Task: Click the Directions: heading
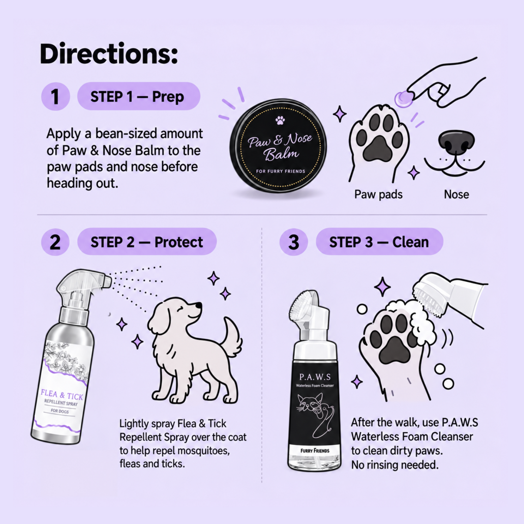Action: pyautogui.click(x=109, y=54)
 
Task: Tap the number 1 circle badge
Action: pyautogui.click(x=55, y=96)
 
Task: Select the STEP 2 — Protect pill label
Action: pyautogui.click(x=147, y=242)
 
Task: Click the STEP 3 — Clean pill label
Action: pyautogui.click(x=379, y=242)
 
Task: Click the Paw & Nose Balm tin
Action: pyautogui.click(x=278, y=145)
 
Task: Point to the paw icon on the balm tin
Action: pyautogui.click(x=280, y=120)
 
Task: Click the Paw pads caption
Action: pyautogui.click(x=378, y=194)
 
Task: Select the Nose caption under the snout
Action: pyautogui.click(x=456, y=194)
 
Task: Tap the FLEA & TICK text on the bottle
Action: pyautogui.click(x=62, y=394)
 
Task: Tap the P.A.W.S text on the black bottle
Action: pyautogui.click(x=315, y=377)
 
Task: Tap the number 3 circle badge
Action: pyautogui.click(x=294, y=242)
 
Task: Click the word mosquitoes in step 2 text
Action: pyautogui.click(x=203, y=451)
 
